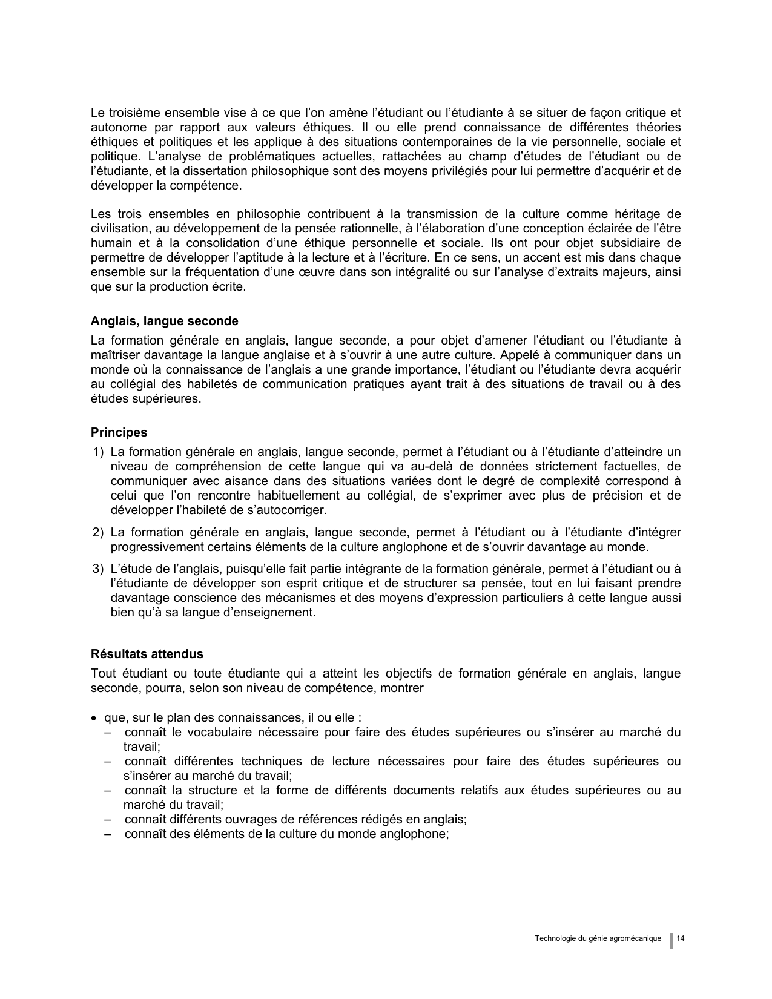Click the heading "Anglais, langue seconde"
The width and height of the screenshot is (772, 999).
pyautogui.click(x=164, y=321)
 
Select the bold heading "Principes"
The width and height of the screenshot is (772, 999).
pyautogui.click(x=119, y=432)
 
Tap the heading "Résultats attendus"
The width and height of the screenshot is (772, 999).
pyautogui.click(x=147, y=654)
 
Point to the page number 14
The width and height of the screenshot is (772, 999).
pyautogui.click(x=681, y=938)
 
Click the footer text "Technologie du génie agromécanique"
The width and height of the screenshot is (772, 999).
pyautogui.click(x=598, y=938)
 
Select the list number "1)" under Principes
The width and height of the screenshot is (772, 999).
pyautogui.click(x=99, y=452)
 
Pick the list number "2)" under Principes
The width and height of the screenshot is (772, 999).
pyautogui.click(x=99, y=533)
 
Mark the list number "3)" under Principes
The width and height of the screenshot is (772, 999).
pyautogui.click(x=99, y=569)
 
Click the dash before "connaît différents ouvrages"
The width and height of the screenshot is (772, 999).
pyautogui.click(x=108, y=819)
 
